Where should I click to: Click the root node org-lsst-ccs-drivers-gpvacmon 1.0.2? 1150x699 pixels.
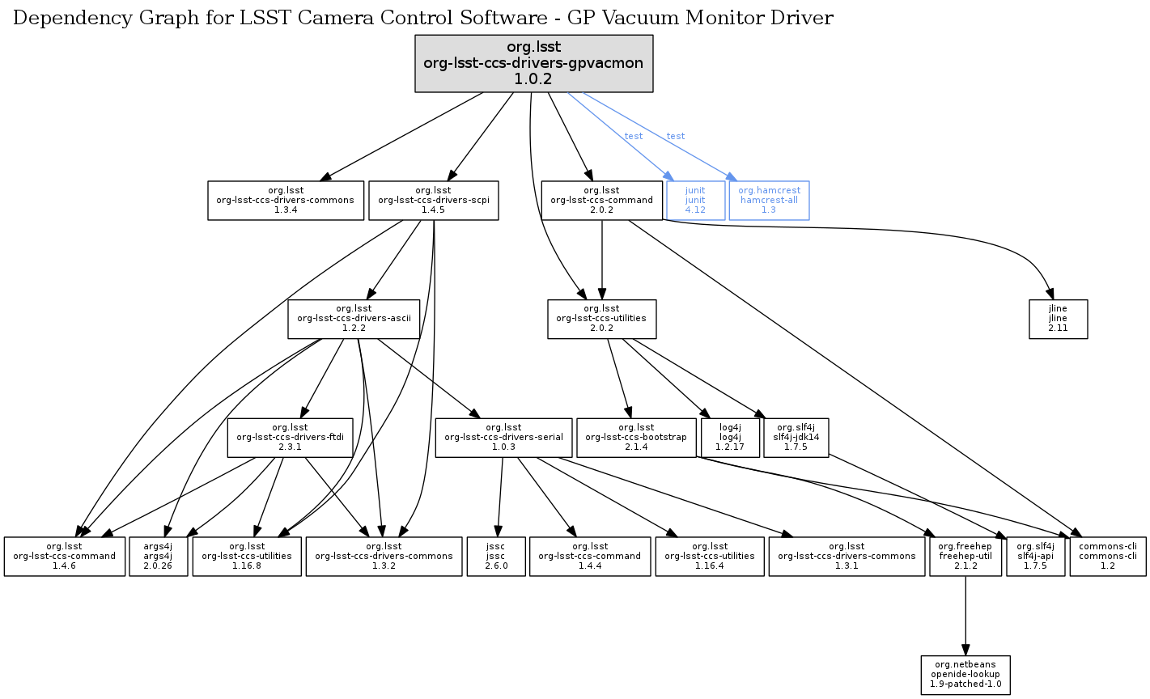(533, 63)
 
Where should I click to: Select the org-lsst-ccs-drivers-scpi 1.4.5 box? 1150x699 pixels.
(434, 201)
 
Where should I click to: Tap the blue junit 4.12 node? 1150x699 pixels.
(695, 201)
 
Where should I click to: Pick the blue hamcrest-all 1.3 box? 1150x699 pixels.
(769, 201)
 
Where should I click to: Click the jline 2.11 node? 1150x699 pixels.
(1058, 320)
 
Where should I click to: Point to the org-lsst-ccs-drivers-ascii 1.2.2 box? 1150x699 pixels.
(354, 319)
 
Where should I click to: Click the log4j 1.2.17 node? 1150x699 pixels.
(730, 438)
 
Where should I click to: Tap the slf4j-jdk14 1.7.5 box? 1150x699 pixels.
(796, 438)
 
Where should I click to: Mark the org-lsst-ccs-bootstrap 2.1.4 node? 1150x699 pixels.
(637, 438)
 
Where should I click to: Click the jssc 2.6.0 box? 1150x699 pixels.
(496, 557)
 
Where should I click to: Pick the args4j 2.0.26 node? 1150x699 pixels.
(159, 557)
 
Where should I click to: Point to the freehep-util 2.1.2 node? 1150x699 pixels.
(965, 557)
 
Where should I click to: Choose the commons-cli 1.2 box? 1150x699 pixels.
(1107, 557)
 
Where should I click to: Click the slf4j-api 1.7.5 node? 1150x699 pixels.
(1035, 557)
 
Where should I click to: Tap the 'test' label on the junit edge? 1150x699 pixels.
(634, 136)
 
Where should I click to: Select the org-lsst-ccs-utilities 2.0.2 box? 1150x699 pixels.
(601, 319)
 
